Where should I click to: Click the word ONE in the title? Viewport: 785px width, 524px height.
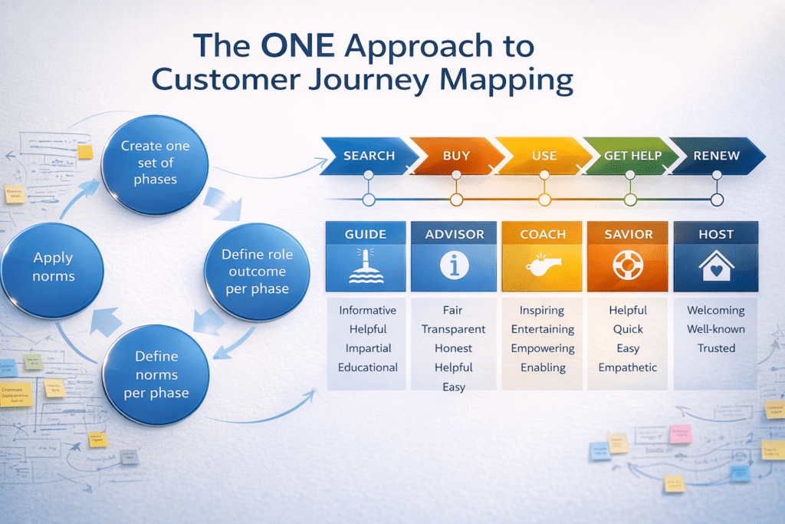click(297, 46)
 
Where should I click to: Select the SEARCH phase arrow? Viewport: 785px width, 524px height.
click(368, 156)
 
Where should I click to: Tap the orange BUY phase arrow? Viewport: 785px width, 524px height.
click(456, 156)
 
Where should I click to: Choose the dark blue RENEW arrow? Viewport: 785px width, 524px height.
click(716, 156)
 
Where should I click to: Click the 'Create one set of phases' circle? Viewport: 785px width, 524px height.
click(155, 162)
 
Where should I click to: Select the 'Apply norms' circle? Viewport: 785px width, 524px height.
click(52, 267)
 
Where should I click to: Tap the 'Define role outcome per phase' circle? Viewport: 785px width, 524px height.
click(257, 272)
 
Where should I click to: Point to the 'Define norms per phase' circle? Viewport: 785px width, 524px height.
click(156, 375)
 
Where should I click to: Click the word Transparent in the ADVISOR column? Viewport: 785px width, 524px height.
click(453, 329)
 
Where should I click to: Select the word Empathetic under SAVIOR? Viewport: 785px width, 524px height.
click(628, 367)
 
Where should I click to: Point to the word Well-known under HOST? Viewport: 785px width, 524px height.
click(715, 329)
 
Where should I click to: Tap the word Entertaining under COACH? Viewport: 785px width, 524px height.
click(542, 329)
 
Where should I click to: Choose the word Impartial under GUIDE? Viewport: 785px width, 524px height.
click(367, 348)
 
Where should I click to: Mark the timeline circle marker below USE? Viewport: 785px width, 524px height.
click(544, 200)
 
